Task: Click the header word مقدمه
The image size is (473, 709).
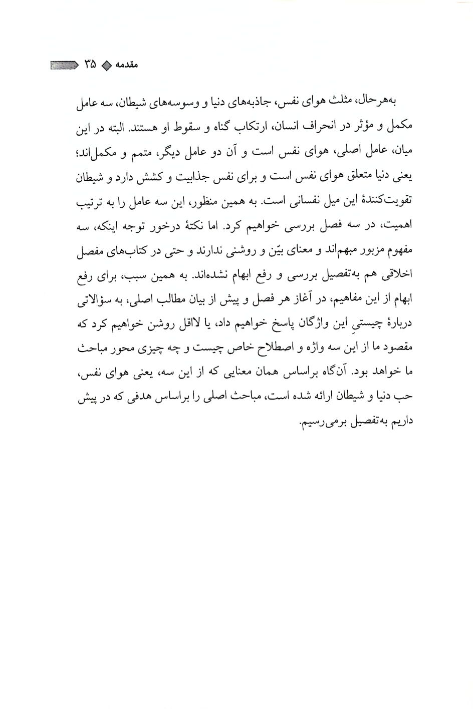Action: click(126, 66)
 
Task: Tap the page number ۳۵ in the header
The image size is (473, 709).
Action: click(90, 65)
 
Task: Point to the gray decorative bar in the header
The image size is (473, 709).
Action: click(64, 65)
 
